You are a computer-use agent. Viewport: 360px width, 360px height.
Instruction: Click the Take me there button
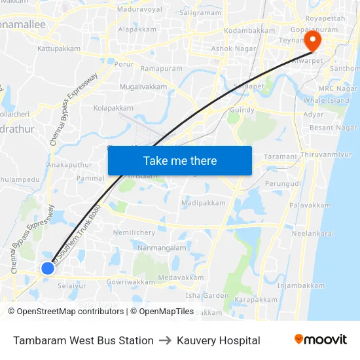[180, 160]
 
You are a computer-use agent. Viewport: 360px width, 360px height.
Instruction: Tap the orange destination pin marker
[313, 41]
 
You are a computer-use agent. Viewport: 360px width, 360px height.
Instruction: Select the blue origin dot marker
[48, 268]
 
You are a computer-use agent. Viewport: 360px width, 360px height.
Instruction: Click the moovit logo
[321, 340]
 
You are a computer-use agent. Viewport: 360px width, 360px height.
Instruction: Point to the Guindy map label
[243, 111]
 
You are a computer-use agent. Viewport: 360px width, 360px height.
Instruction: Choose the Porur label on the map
[124, 64]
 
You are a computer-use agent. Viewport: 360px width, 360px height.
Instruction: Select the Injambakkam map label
[300, 285]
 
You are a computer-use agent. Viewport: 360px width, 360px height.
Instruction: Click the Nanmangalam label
[162, 247]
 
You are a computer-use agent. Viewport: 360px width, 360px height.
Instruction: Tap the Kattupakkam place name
[59, 48]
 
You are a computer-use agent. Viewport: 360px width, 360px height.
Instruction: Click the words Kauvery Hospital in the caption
[219, 340]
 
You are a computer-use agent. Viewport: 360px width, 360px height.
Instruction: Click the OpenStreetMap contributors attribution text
[66, 312]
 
